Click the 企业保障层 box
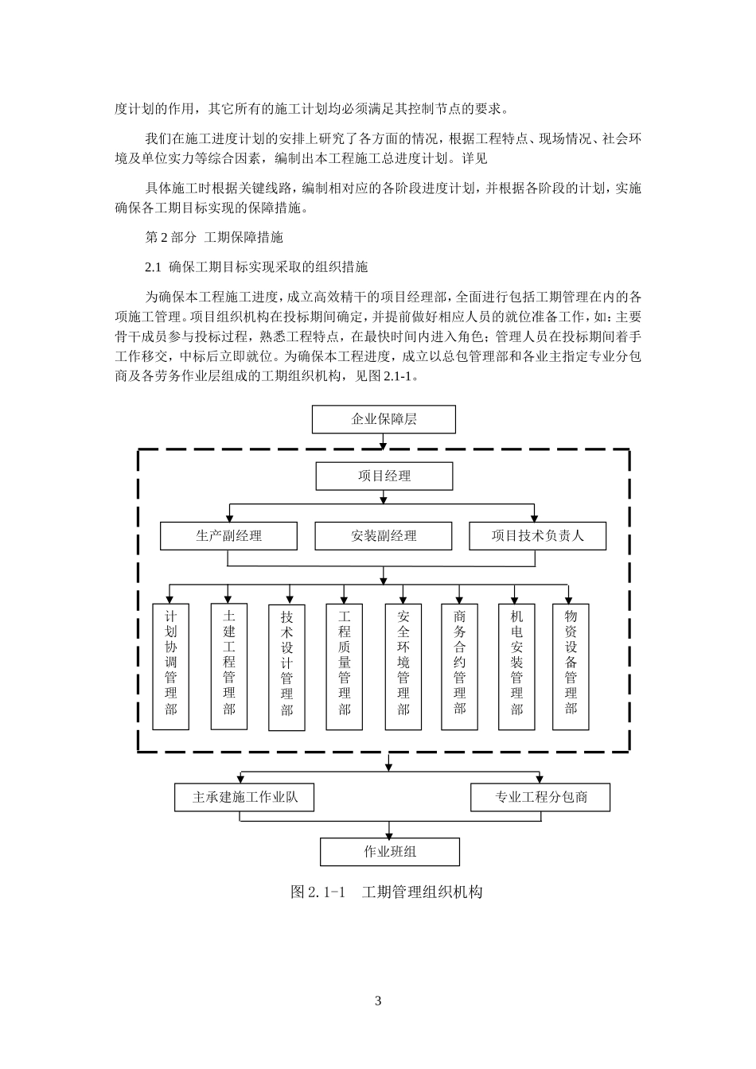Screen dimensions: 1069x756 (384, 419)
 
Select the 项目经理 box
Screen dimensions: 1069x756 (384, 476)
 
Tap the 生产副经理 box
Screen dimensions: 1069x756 (228, 536)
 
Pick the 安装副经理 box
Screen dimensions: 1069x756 (384, 536)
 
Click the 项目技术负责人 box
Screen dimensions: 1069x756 (537, 536)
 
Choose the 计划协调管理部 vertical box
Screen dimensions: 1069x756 (171, 667)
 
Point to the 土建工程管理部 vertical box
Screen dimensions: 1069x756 (229, 667)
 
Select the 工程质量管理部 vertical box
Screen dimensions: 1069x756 (345, 667)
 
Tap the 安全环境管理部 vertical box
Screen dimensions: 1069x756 (403, 667)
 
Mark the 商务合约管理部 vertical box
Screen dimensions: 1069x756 (460, 667)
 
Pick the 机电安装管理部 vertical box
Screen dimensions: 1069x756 (517, 667)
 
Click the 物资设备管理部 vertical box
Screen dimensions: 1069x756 (571, 667)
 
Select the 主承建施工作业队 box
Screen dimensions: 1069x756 (244, 797)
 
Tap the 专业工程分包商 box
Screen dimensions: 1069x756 (540, 797)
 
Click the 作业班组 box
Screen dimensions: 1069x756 (390, 852)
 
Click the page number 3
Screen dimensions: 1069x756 (378, 1001)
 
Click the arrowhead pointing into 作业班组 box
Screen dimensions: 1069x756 (388, 834)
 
